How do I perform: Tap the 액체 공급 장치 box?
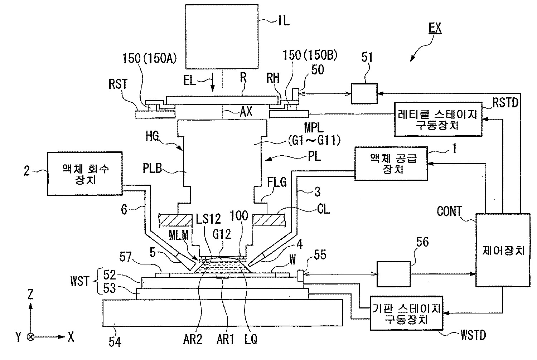point(391,163)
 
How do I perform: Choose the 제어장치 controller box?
point(503,250)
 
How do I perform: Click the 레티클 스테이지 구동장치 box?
point(438,120)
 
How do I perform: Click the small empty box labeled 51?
point(364,94)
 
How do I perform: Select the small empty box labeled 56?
point(393,274)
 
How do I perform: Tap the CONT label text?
point(450,212)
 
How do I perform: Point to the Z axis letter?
point(30,295)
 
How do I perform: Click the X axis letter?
point(71,336)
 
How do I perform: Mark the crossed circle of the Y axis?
point(31,337)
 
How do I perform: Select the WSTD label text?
point(473,336)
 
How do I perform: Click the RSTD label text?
point(505,103)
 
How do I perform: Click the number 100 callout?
point(239,216)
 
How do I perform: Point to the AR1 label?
point(225,339)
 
